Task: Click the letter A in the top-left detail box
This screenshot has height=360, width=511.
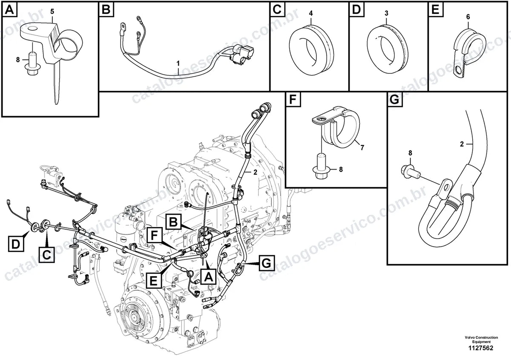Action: tap(9, 10)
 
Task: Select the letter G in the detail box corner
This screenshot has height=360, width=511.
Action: tap(395, 100)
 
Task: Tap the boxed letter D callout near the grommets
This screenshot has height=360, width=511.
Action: tap(16, 244)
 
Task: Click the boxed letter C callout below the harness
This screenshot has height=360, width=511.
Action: tap(46, 254)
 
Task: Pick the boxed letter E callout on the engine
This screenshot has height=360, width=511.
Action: tap(154, 280)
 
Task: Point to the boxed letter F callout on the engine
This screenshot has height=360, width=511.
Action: tap(155, 235)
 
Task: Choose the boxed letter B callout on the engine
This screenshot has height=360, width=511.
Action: tap(173, 222)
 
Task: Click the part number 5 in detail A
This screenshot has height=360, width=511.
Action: tap(52, 12)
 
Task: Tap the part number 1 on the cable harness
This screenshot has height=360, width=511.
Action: tap(178, 63)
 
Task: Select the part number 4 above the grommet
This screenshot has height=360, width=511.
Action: tap(311, 14)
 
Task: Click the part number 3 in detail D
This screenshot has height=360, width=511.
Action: tap(386, 13)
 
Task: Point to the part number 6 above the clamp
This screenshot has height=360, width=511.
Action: tap(468, 17)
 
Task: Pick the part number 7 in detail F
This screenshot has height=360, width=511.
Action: tap(362, 147)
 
